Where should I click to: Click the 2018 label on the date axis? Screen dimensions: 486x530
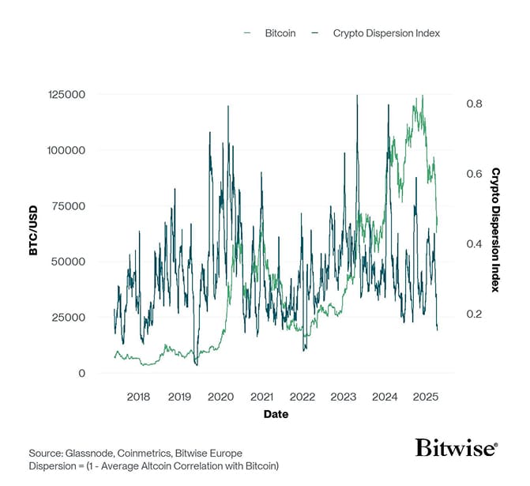click(138, 395)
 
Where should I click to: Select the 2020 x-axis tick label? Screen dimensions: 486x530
click(220, 395)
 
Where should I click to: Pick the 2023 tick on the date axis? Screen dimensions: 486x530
click(344, 395)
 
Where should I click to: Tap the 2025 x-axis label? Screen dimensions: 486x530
click(426, 395)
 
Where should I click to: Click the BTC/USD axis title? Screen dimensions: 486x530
click(33, 233)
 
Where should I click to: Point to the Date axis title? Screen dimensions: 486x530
click(276, 413)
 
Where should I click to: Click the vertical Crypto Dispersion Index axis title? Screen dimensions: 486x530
click(496, 229)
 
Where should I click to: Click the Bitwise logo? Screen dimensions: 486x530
click(456, 448)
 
